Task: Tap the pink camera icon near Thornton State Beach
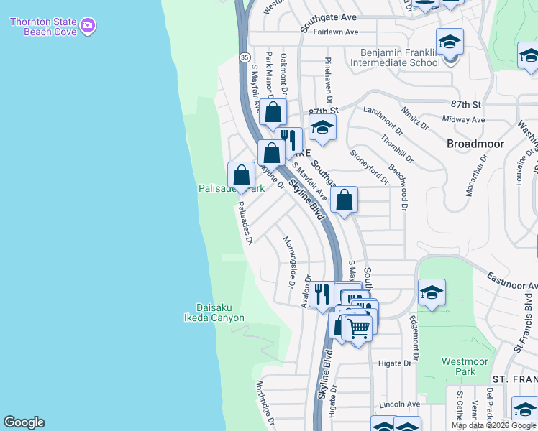click(x=88, y=27)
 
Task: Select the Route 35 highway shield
click(x=245, y=57)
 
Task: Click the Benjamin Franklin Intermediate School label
click(x=395, y=57)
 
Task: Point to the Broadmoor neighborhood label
click(x=475, y=144)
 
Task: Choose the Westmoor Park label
click(x=459, y=366)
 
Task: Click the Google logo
click(x=24, y=422)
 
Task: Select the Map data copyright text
click(x=493, y=425)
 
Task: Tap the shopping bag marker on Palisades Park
click(x=242, y=175)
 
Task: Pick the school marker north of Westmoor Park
click(x=432, y=292)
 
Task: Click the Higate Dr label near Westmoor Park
click(x=396, y=363)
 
